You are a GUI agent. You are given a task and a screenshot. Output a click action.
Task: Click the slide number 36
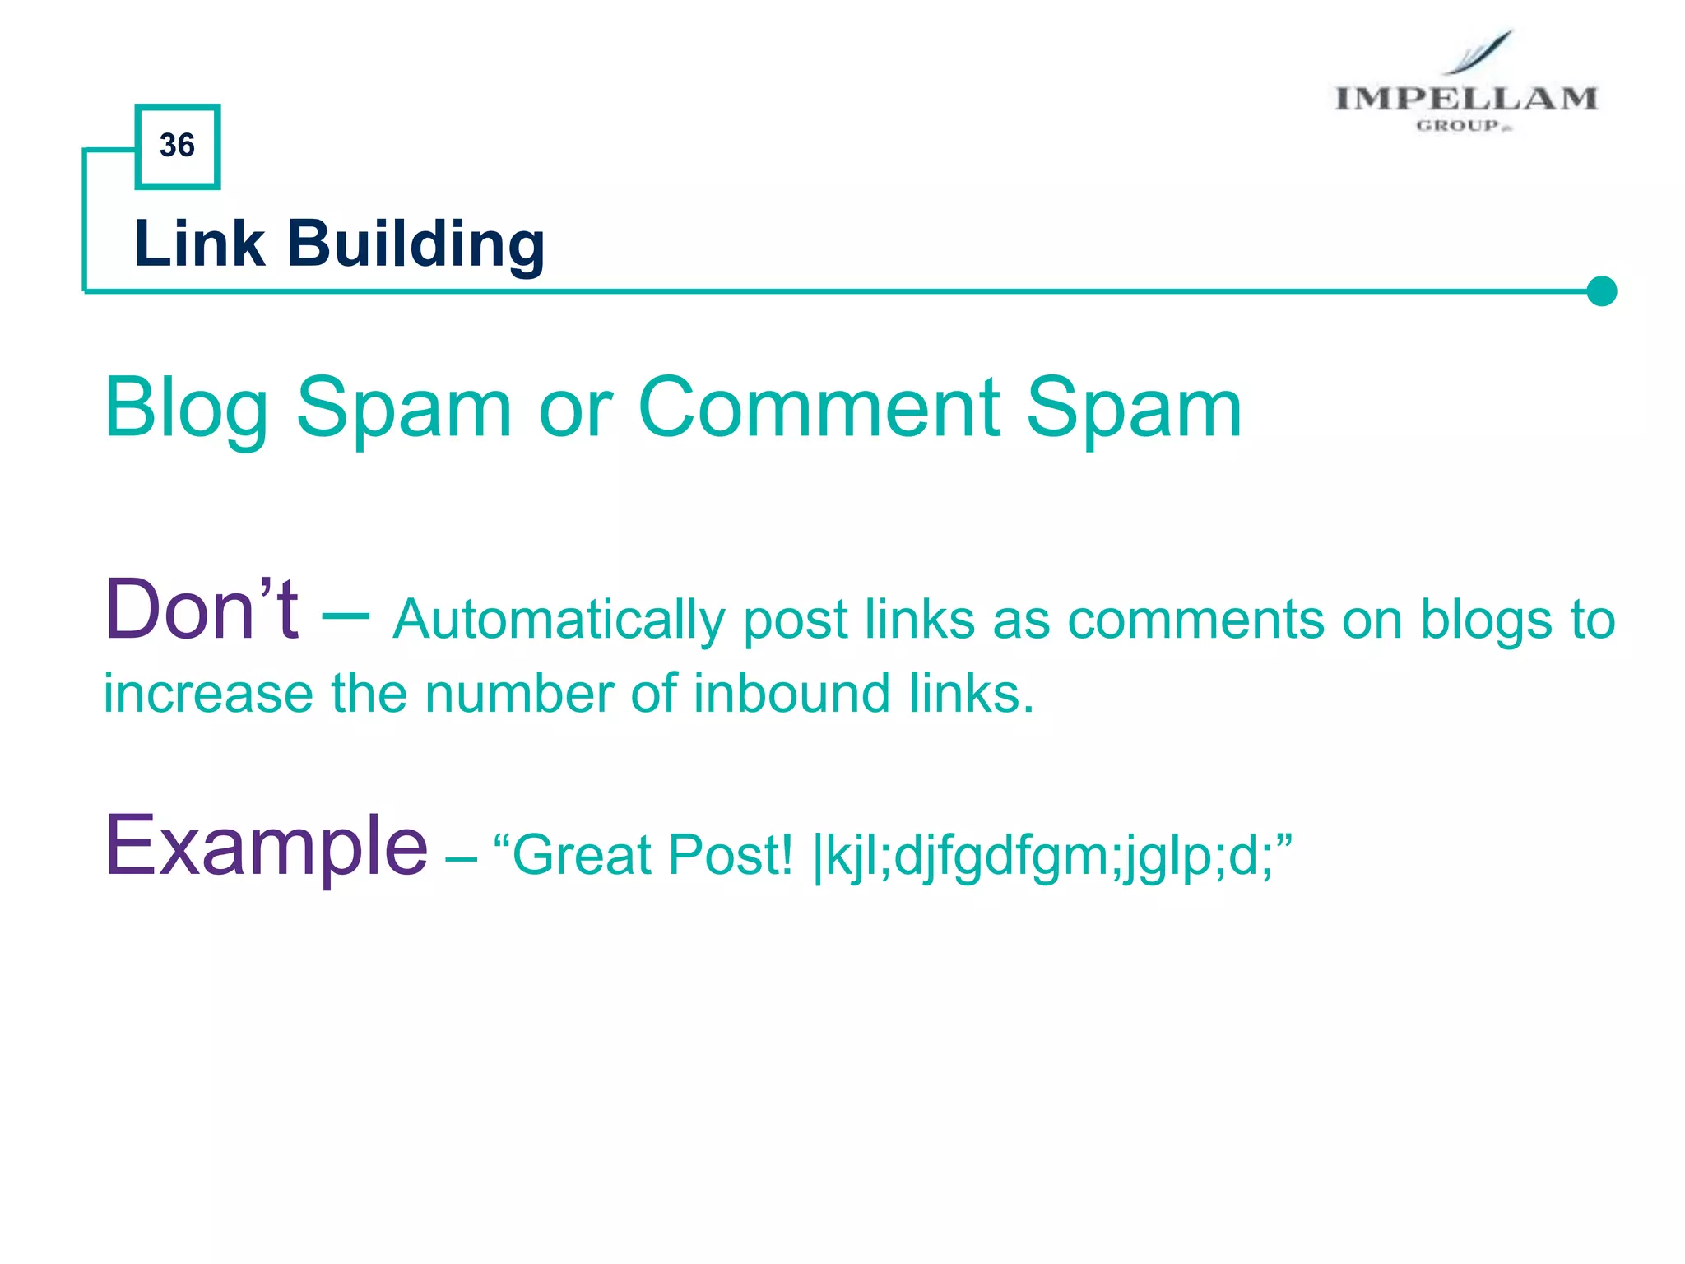177,146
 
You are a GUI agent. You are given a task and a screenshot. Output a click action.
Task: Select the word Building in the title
415,245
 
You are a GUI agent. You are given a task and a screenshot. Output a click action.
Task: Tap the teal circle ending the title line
1601,291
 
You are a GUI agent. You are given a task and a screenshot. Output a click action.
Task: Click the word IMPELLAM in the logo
1465,99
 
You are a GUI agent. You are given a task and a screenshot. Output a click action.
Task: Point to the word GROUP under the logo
1459,126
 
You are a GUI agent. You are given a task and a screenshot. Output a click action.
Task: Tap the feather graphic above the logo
1481,52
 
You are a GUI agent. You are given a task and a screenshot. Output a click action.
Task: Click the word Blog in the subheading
186,409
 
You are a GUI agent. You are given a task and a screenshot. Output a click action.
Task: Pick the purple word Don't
201,611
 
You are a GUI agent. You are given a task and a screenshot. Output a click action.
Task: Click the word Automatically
559,620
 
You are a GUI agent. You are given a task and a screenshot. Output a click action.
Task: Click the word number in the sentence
518,693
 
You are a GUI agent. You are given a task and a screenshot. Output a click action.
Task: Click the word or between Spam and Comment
575,409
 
